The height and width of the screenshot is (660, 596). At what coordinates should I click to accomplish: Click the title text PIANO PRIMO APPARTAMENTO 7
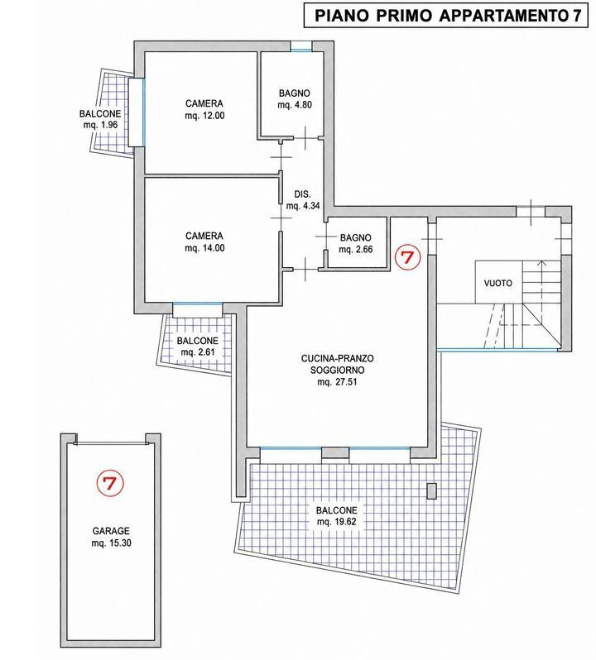445,16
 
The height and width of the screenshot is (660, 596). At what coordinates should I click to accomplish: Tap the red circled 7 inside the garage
109,483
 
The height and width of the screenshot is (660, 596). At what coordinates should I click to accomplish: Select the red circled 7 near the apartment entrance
407,256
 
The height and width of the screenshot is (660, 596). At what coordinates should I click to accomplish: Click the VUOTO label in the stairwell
497,283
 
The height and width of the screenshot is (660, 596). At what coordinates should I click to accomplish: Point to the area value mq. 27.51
337,382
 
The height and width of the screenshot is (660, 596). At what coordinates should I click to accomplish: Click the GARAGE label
111,531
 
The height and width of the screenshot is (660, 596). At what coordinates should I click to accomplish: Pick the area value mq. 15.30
111,543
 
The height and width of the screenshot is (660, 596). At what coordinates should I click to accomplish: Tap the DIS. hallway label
302,194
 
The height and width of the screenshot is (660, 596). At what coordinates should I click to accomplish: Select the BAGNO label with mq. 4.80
295,93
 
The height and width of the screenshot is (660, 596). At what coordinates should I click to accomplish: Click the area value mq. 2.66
355,249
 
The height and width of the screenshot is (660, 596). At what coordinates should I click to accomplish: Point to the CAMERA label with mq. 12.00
204,103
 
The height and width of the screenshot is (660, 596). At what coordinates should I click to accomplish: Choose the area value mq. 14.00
204,248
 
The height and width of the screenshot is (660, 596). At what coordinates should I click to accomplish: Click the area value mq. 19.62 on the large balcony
337,522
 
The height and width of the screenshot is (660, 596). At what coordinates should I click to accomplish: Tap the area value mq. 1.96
100,125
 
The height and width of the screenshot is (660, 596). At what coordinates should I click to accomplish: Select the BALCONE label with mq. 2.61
198,341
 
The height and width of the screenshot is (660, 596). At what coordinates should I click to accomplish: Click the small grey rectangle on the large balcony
431,491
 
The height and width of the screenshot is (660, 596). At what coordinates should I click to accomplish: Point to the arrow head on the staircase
541,265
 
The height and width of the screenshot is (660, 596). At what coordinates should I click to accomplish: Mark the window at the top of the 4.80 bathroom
301,46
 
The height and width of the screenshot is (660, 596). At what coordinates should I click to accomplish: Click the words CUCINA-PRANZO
338,359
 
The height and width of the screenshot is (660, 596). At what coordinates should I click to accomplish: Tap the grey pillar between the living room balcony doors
335,452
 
